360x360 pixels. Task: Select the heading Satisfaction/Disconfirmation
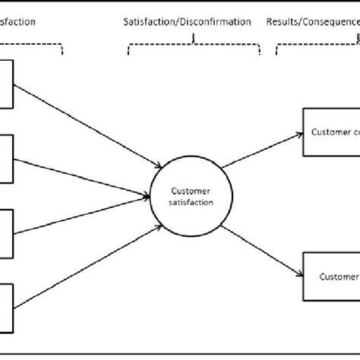click(187, 22)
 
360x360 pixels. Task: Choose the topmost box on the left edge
click(7, 84)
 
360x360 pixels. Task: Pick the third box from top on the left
click(7, 232)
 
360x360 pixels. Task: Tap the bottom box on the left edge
click(7, 307)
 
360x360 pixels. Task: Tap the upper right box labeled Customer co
click(330, 132)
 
